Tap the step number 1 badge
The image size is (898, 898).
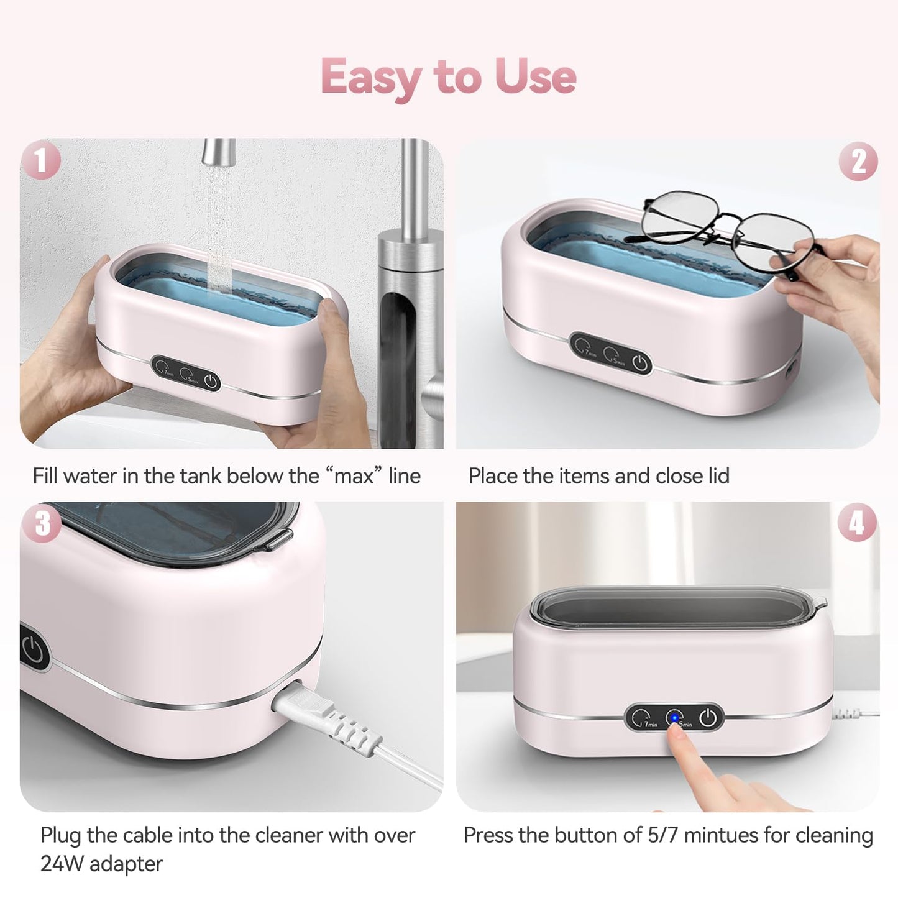(x=40, y=160)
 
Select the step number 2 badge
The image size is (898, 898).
(x=858, y=162)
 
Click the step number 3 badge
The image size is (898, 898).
(x=42, y=523)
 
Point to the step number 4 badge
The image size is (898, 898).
(x=857, y=522)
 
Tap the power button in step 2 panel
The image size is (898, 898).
(x=641, y=363)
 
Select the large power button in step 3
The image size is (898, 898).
(x=32, y=650)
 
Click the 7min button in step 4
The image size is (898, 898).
(x=642, y=719)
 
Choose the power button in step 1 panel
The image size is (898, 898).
(x=211, y=381)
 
